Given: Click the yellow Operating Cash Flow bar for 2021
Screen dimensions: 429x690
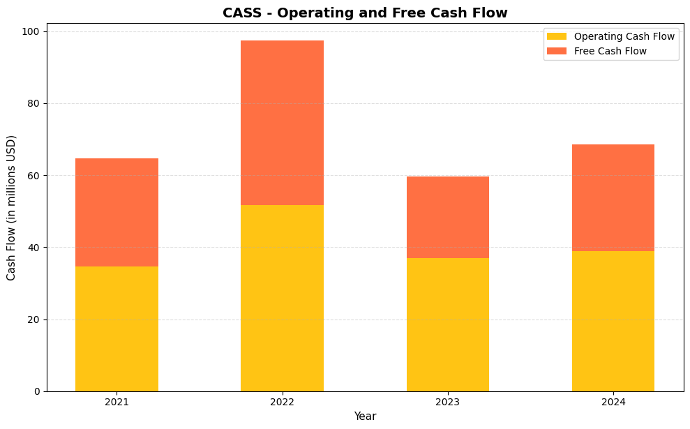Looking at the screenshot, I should (117, 329).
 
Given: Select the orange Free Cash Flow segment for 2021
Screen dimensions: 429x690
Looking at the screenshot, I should (117, 212).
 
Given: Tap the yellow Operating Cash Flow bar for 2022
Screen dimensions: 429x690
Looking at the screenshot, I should (282, 298).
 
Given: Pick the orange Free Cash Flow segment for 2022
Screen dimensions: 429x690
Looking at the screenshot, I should (282, 123).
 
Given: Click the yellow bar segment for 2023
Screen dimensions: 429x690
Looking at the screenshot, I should (447, 324).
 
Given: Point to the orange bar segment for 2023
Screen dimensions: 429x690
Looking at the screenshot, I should (447, 217).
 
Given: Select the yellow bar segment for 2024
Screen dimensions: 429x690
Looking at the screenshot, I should (613, 321).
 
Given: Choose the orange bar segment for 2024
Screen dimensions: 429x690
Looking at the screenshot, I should (613, 197).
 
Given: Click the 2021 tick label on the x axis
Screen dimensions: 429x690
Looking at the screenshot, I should (117, 402).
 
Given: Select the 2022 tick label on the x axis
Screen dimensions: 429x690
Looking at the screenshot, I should (282, 402).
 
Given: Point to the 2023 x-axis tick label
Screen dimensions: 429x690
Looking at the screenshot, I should (447, 402).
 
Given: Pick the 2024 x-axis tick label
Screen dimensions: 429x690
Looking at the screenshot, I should (613, 402).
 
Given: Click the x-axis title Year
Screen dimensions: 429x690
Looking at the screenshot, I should (365, 416).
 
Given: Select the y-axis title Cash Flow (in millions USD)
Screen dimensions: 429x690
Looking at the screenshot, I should (11, 207).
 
